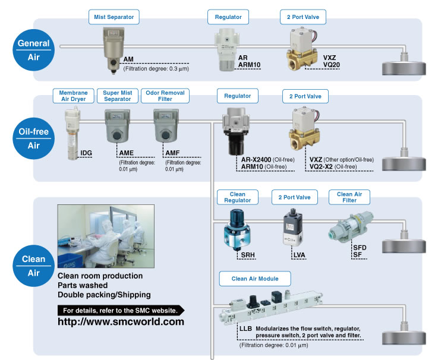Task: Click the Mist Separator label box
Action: click(x=114, y=17)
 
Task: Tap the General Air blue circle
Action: click(x=33, y=50)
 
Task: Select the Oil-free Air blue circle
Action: click(x=33, y=138)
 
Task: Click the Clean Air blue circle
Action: click(x=33, y=266)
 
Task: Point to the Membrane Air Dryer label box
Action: click(x=74, y=96)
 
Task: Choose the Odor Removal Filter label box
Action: click(x=165, y=96)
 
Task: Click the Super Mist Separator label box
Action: click(x=118, y=96)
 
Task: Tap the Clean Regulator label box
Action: click(x=238, y=197)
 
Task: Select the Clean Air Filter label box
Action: click(x=349, y=197)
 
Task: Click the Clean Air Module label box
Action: click(x=255, y=279)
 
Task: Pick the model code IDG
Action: click(x=86, y=153)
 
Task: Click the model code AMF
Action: click(x=172, y=153)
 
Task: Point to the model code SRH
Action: click(x=248, y=255)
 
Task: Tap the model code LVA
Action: click(x=299, y=255)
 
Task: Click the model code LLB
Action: click(x=245, y=329)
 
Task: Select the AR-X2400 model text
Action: click(x=256, y=160)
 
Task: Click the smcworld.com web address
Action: click(x=121, y=322)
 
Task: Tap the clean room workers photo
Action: click(x=106, y=236)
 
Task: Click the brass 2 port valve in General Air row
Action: click(x=302, y=49)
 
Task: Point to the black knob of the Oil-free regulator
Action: click(x=237, y=144)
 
